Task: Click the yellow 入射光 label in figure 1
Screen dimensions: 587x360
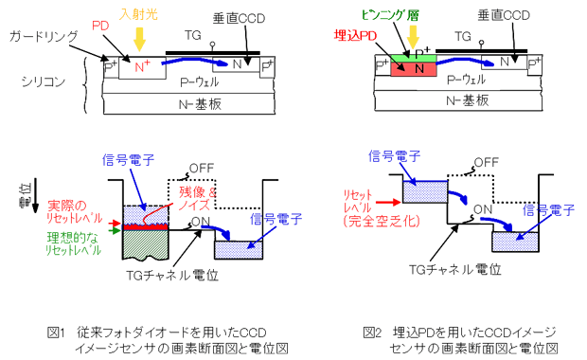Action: (x=138, y=14)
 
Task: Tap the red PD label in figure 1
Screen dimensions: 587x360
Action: (x=100, y=26)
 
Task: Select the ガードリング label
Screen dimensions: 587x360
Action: (x=44, y=37)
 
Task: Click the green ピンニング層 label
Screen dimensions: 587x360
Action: (x=390, y=15)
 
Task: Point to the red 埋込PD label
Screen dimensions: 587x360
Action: (x=355, y=36)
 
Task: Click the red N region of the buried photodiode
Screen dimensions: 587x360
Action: (x=414, y=69)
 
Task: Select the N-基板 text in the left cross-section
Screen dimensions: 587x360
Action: (x=201, y=104)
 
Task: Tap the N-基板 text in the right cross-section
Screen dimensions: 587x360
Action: (x=468, y=100)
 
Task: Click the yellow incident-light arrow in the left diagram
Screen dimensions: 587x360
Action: (x=139, y=39)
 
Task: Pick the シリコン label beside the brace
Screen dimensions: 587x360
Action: (x=44, y=81)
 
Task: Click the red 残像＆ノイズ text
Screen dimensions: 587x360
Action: (x=197, y=199)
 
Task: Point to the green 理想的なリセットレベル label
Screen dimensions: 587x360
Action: (x=74, y=243)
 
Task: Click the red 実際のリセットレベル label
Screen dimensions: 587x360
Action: (x=75, y=211)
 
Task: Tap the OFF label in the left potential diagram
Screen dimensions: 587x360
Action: (x=202, y=169)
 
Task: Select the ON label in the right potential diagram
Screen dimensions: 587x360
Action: (x=483, y=209)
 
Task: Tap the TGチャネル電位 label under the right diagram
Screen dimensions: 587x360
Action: (x=454, y=269)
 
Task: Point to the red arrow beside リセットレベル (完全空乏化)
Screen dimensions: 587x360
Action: (x=388, y=203)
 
